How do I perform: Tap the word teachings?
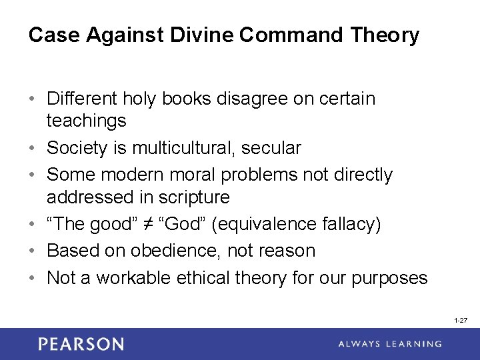[86, 121]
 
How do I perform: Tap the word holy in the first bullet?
[138, 99]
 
